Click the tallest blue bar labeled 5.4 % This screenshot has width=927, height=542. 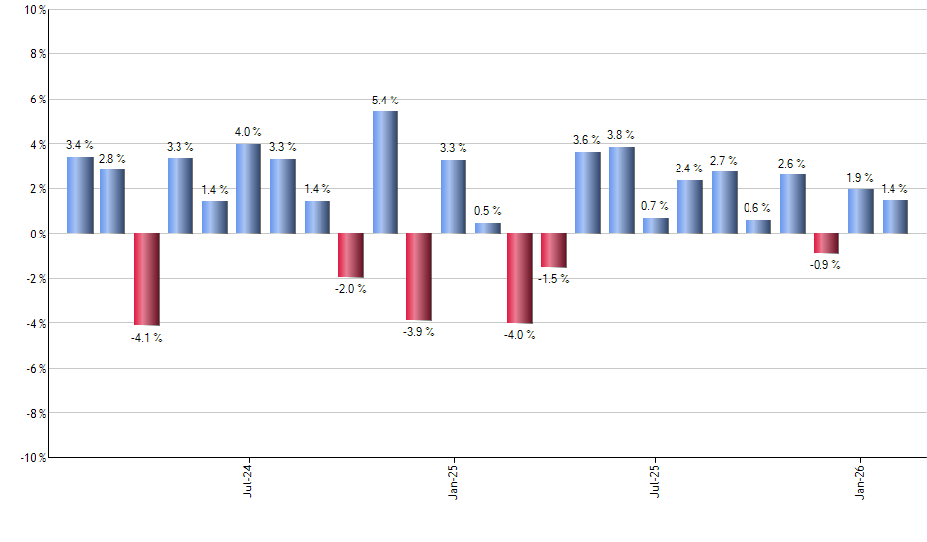point(386,172)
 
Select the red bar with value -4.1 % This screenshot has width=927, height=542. point(147,279)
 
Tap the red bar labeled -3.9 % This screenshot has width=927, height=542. point(419,277)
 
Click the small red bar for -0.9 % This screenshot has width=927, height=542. point(826,243)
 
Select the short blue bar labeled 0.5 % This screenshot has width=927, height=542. point(488,228)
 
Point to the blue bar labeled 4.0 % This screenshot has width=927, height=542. point(249,188)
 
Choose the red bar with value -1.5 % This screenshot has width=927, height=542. point(554,250)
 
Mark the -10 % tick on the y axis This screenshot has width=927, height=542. point(29,457)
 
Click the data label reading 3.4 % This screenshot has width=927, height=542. point(80,145)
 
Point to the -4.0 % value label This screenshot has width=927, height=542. point(520,335)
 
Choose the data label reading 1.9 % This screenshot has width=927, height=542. point(861,177)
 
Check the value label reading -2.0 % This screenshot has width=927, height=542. point(351,289)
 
